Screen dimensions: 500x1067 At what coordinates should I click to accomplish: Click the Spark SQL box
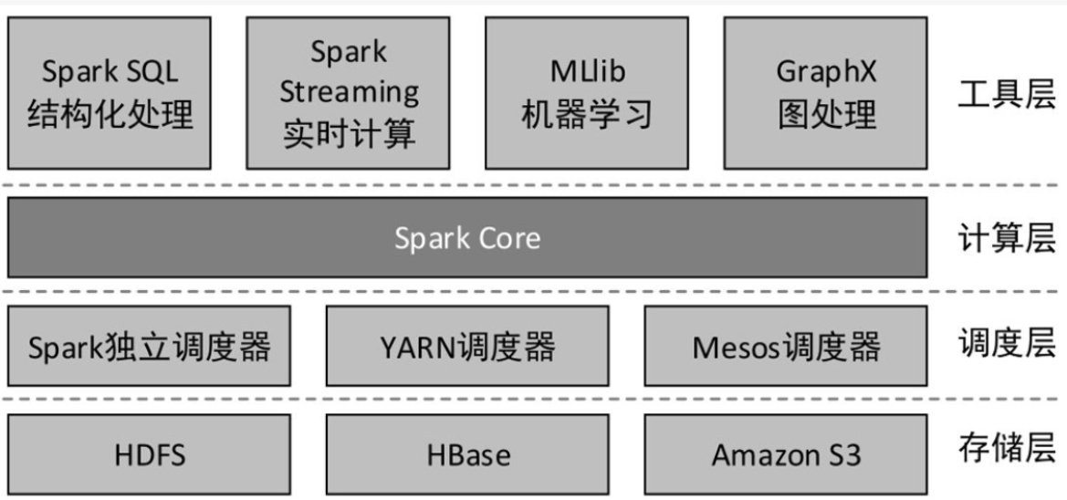pos(110,93)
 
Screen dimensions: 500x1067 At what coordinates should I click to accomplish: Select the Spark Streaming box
pos(349,93)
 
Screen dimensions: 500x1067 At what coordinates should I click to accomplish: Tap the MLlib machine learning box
pos(587,93)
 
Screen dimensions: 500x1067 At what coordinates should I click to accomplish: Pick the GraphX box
pos(825,93)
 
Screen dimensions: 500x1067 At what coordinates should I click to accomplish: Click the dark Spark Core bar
pos(467,238)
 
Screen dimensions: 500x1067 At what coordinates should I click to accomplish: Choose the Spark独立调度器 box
pos(149,347)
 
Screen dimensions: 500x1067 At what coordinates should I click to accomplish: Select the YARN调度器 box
pos(467,347)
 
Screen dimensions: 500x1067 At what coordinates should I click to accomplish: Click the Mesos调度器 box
pos(786,347)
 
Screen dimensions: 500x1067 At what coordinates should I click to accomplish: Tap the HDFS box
pos(149,454)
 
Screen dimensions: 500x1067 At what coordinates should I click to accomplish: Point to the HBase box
pos(467,454)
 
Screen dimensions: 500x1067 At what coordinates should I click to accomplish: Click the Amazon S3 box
pos(786,454)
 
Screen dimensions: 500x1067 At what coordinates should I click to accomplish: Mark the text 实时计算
pos(349,133)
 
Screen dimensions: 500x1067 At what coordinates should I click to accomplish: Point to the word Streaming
pos(349,92)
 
